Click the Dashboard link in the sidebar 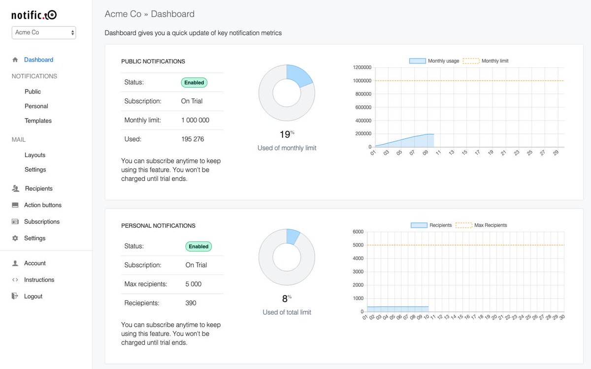click(38, 60)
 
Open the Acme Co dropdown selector click(44, 32)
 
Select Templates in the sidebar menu click(38, 121)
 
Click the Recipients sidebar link click(38, 188)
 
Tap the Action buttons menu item click(43, 205)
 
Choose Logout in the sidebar click(33, 296)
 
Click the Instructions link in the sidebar click(39, 280)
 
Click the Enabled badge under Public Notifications click(194, 83)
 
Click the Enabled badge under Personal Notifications click(198, 246)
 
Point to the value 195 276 click(193, 139)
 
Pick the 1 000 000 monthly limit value click(195, 120)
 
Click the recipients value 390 click(191, 303)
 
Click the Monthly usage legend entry click(434, 61)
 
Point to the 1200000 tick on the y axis click(362, 67)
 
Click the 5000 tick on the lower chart click(358, 245)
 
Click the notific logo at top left click(34, 15)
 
